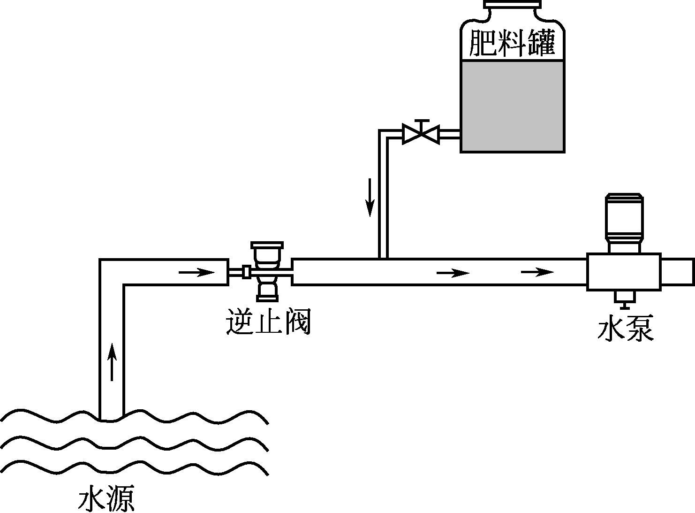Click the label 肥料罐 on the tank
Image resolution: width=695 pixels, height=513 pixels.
512,43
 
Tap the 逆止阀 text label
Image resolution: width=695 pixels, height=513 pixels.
268,322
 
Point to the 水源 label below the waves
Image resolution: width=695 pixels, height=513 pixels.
106,498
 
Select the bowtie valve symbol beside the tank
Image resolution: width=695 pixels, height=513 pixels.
421,134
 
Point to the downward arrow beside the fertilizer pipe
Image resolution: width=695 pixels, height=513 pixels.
370,197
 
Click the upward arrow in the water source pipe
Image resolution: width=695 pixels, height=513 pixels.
112,361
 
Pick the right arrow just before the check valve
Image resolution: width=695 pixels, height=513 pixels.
197,272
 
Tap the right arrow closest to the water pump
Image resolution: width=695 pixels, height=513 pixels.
537,272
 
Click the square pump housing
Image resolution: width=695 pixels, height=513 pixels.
624,272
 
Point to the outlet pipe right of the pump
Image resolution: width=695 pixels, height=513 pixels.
677,272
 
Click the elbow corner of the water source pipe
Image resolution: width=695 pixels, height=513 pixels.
112,272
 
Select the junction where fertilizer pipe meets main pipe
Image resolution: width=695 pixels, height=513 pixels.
383,259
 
